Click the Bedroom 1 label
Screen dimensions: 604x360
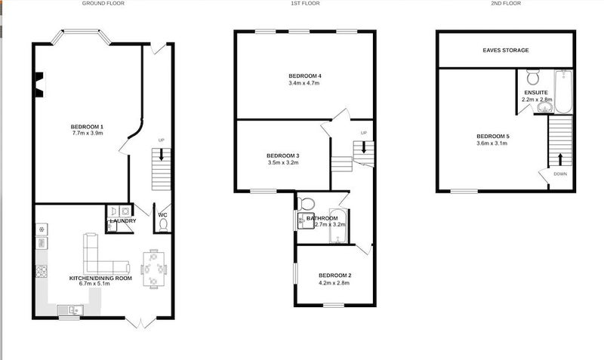click(x=87, y=127)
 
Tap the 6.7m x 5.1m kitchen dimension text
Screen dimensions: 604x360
click(x=94, y=284)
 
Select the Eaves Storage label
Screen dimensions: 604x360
click(x=506, y=50)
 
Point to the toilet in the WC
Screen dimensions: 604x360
click(x=163, y=225)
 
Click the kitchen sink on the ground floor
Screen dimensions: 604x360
click(x=70, y=309)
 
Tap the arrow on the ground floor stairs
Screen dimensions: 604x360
click(x=161, y=154)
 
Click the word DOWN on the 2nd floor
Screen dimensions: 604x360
click(x=560, y=174)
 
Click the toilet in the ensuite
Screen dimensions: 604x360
click(x=533, y=77)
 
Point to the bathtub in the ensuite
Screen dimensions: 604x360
click(x=563, y=91)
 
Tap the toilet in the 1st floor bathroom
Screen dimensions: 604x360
click(x=307, y=203)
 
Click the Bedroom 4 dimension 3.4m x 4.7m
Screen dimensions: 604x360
click(x=304, y=83)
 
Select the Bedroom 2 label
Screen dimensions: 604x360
click(x=334, y=275)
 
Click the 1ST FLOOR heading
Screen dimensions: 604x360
click(x=305, y=3)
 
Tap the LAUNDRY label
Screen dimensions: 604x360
click(x=123, y=221)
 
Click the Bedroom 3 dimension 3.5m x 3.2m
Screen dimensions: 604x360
click(x=283, y=162)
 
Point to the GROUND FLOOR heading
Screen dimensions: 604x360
click(x=103, y=3)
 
